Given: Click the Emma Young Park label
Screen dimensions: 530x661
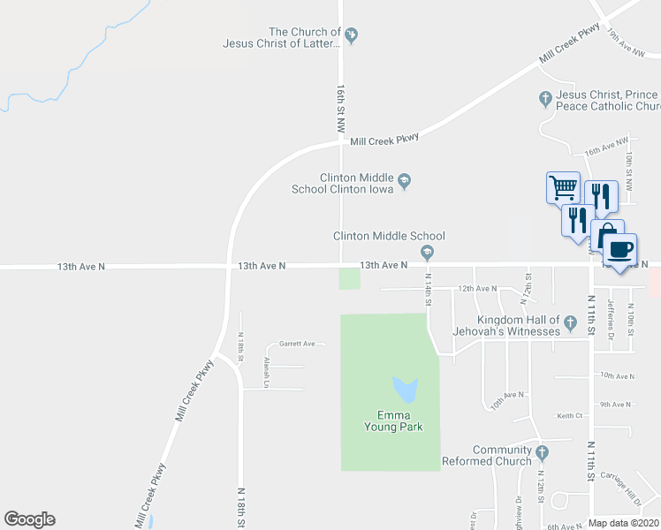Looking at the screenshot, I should point(394,420).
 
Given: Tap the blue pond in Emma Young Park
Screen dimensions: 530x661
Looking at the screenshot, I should point(404,388).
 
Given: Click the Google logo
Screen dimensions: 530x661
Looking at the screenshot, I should point(29,519).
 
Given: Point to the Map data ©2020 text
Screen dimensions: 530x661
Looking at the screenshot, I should point(623,523).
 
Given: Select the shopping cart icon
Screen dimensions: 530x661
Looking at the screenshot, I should point(563,187).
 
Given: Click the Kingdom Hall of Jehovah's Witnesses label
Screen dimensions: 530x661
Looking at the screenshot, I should point(519,325).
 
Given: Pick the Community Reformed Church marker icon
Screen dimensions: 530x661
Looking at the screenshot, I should point(543,453).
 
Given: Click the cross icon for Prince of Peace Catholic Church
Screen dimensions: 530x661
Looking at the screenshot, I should point(545,96).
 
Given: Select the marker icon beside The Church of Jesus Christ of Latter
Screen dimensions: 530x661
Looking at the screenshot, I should point(351,35).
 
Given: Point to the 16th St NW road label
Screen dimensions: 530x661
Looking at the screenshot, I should point(340,109).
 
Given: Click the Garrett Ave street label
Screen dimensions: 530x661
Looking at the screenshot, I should point(297,344).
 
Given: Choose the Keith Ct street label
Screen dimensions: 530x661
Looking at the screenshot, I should point(570,415).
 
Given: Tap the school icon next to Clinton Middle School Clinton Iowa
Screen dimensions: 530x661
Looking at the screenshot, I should point(404,181).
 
